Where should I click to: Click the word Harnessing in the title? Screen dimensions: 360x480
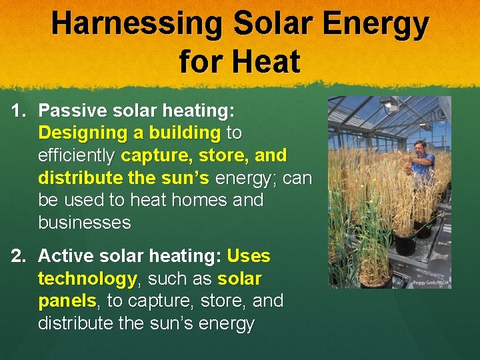(x=137, y=25)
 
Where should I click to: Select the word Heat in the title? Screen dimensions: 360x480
(x=267, y=62)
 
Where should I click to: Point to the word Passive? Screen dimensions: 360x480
(x=71, y=111)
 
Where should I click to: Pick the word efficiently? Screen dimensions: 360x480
(x=77, y=155)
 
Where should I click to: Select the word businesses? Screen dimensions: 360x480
(x=85, y=223)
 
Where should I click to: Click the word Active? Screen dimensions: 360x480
(x=66, y=256)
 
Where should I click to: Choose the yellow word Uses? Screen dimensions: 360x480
(x=249, y=256)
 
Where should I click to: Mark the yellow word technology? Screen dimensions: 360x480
(x=87, y=279)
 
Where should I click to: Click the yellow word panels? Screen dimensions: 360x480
(x=67, y=301)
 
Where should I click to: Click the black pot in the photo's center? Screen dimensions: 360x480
(x=405, y=243)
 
